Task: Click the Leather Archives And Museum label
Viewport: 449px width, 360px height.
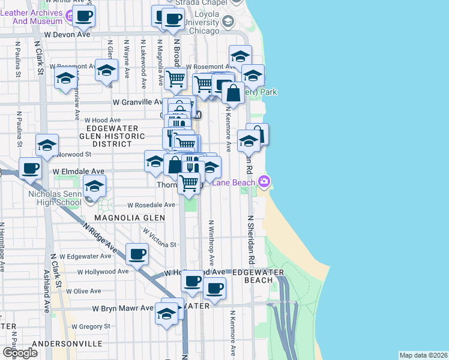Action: click(37, 16)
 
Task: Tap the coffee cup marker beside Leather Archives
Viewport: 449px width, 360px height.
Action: click(84, 16)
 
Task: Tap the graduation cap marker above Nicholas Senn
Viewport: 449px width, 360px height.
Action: click(94, 187)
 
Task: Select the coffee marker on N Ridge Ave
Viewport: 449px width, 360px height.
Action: click(137, 254)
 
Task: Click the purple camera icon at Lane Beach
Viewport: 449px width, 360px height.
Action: click(264, 181)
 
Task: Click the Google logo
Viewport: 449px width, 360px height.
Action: click(20, 352)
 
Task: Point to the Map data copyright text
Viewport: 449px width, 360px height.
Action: click(423, 355)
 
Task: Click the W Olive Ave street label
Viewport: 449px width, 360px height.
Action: click(83, 291)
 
